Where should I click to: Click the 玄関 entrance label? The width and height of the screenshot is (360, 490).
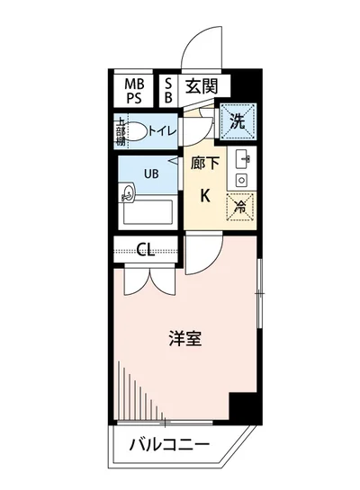tap(202, 86)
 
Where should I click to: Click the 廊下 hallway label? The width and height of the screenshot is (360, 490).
tap(203, 165)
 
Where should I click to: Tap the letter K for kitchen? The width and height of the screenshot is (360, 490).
tap(204, 195)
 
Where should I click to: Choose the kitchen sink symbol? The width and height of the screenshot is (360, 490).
tap(241, 159)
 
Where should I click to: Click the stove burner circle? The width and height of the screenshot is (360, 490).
tap(241, 180)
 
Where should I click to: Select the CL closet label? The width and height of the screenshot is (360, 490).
tap(147, 249)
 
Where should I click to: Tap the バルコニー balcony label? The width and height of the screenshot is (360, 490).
tap(168, 445)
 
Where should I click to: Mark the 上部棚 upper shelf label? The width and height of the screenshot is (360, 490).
tap(121, 131)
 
